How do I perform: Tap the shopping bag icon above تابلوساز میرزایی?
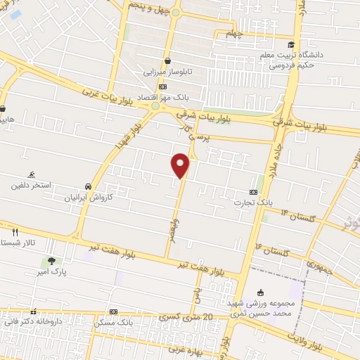click(x=168, y=60)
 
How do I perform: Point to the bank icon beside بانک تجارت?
click(x=254, y=191)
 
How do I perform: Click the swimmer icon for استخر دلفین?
click(x=32, y=174)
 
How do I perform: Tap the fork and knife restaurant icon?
click(x=14, y=231)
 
